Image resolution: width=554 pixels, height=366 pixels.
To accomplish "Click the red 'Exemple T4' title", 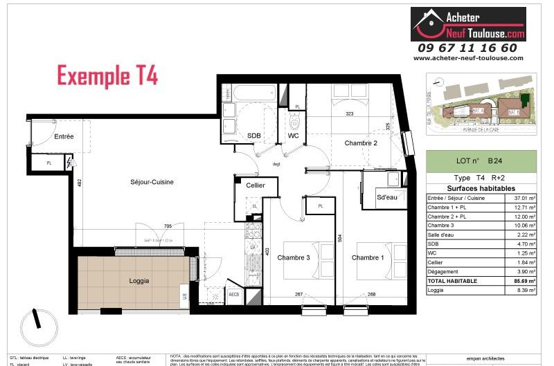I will pyautogui.click(x=107, y=75).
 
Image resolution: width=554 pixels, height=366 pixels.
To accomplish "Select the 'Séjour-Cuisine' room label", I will pyautogui.click(x=143, y=182).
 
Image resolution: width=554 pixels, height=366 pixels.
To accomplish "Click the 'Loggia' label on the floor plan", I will pyautogui.click(x=139, y=281).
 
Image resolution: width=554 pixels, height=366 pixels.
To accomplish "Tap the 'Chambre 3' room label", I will pyautogui.click(x=294, y=258).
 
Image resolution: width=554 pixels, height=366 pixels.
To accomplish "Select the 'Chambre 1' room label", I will pyautogui.click(x=367, y=258).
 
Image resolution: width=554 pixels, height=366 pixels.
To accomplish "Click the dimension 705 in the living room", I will pyautogui.click(x=167, y=226).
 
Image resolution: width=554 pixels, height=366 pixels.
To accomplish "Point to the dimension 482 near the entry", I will pyautogui.click(x=79, y=183).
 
